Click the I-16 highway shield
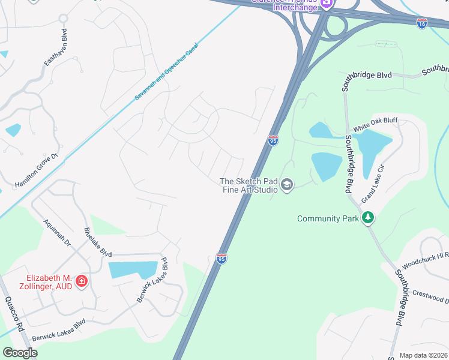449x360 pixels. tap(422, 23)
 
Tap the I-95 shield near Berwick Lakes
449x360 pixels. tap(221, 259)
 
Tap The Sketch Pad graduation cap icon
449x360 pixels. tap(287, 185)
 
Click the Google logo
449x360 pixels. tap(19, 352)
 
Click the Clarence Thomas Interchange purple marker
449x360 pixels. tap(326, 4)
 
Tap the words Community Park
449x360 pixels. tap(328, 218)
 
